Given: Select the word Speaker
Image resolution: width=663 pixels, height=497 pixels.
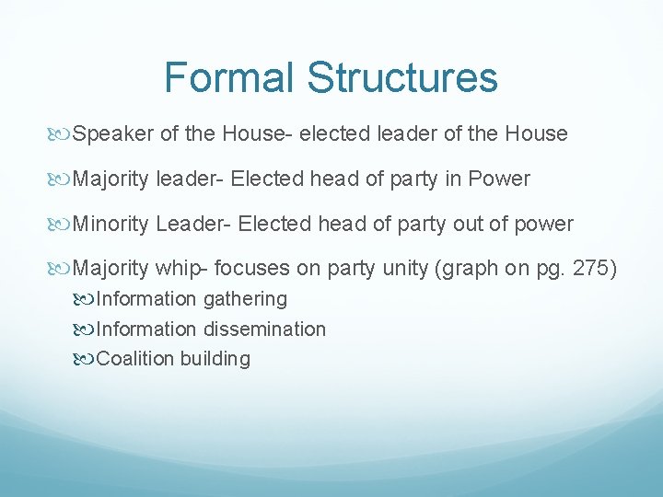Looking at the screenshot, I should click(x=113, y=134).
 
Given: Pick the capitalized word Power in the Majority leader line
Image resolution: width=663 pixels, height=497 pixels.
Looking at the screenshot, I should click(x=499, y=179).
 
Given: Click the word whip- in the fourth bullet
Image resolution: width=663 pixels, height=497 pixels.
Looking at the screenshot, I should click(x=185, y=269).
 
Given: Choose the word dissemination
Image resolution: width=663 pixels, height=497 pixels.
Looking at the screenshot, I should click(x=264, y=329).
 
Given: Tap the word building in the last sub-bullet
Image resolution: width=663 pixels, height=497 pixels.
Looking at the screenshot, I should click(x=215, y=359).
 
